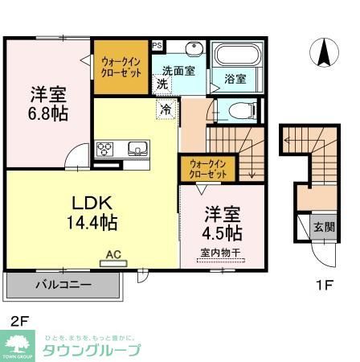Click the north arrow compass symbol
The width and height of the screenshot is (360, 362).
tap(325, 53)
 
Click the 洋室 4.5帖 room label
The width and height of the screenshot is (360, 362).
tap(223, 224)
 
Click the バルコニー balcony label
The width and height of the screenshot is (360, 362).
tap(63, 286)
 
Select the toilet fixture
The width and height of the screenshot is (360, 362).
tap(240, 109)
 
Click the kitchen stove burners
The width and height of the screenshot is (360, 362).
tap(107, 150)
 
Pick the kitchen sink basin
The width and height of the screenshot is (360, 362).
tap(135, 150)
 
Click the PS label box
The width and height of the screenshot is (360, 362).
tap(157, 45)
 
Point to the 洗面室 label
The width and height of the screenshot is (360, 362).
tap(178, 70)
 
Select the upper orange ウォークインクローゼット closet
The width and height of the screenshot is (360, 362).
tap(121, 65)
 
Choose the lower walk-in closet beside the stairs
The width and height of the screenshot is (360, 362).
tap(207, 169)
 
